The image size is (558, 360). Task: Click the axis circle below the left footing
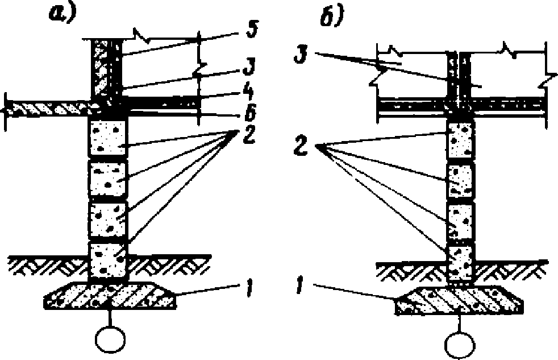(110, 338)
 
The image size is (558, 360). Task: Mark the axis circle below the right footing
(460, 344)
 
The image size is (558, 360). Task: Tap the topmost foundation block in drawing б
(461, 140)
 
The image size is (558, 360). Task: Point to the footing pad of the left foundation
(110, 295)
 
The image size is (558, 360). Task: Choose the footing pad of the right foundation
(459, 300)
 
